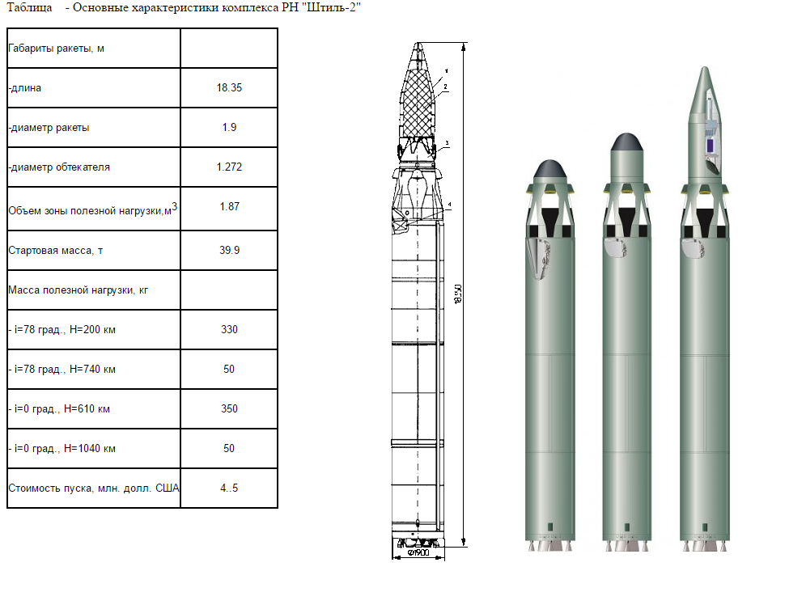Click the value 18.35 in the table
tap(229, 87)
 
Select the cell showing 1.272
tap(229, 167)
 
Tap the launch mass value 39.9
tap(229, 250)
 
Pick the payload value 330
tap(229, 329)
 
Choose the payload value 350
tap(229, 409)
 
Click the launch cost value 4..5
tap(229, 488)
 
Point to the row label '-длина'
tap(24, 88)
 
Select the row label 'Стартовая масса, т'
tap(56, 250)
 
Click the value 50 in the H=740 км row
tap(229, 370)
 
